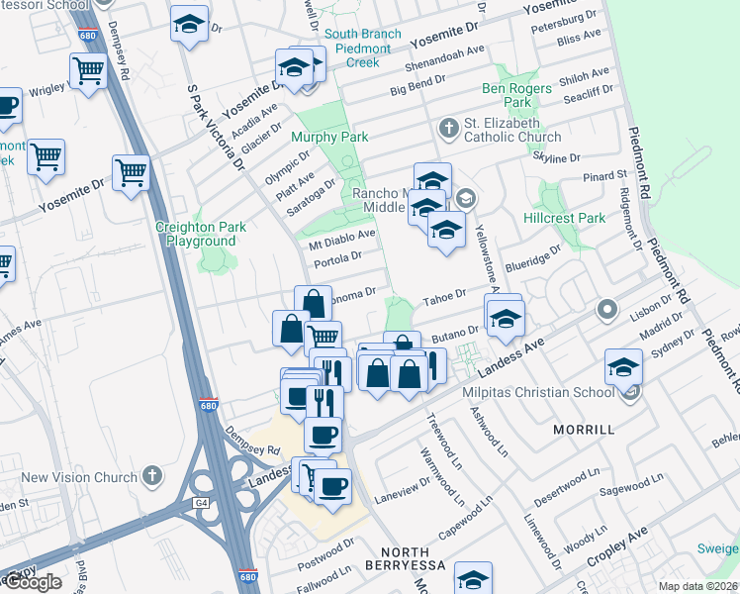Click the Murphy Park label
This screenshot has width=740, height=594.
click(x=329, y=137)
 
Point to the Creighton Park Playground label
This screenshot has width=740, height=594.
click(x=201, y=234)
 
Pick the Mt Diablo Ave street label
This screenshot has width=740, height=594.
click(x=342, y=238)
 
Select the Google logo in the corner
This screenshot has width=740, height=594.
click(x=34, y=582)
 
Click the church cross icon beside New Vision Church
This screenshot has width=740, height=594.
click(x=151, y=476)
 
